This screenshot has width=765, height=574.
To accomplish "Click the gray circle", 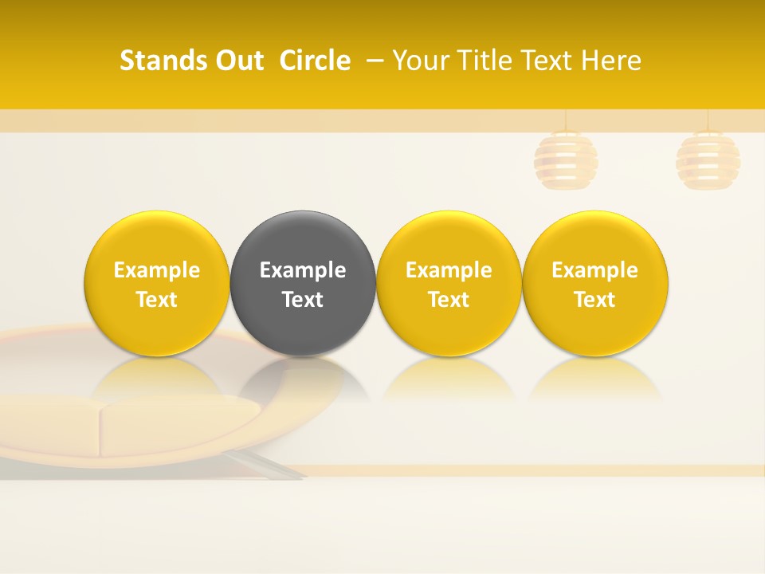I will (x=303, y=239).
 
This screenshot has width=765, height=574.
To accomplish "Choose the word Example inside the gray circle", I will (x=303, y=270).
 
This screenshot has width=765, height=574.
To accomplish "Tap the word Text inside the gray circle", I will (x=303, y=300).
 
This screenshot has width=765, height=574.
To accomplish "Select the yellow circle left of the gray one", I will (x=157, y=239).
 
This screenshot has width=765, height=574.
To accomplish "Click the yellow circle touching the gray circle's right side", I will (x=449, y=239).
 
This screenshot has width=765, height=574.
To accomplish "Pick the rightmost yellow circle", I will (x=595, y=239).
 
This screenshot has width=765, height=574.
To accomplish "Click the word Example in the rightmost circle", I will (x=595, y=270).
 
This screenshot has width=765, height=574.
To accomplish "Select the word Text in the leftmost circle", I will (x=157, y=300).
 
